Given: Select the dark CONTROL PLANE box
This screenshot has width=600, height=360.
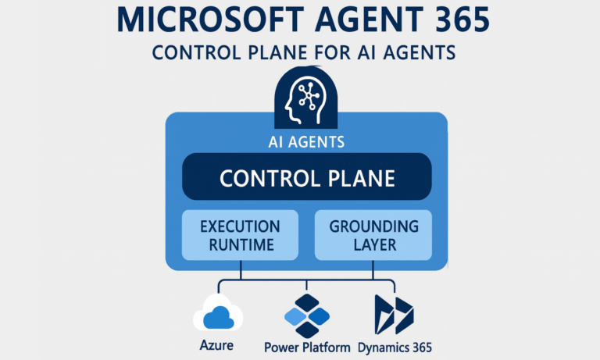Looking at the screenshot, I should point(306,177).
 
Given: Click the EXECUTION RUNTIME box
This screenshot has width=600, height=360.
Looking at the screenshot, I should point(240,235).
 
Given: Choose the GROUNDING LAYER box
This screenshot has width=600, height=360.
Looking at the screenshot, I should point(373,235).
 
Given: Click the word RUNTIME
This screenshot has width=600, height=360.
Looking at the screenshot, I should point(240,245).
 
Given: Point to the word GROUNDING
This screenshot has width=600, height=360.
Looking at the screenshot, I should point(373,226).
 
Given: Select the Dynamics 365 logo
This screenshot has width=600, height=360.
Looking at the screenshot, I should point(393,314).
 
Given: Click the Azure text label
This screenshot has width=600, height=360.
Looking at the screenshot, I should point(218,344).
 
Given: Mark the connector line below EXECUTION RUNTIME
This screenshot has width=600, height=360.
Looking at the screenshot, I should point(240,269).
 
